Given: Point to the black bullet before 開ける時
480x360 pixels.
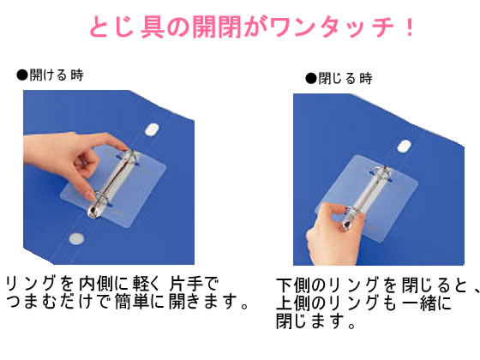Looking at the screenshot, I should click(x=22, y=75).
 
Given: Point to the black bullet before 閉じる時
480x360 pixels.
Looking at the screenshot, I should click(x=311, y=78).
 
